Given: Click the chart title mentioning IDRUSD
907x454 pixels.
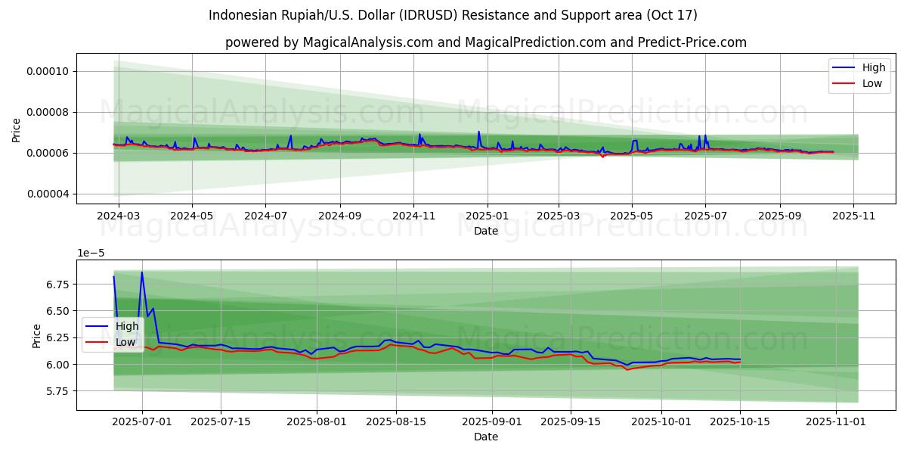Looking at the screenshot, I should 453,15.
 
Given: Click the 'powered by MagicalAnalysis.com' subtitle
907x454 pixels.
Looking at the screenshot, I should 485,42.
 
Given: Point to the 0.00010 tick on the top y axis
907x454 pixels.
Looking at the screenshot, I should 47,72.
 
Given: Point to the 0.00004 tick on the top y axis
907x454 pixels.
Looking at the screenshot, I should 47,194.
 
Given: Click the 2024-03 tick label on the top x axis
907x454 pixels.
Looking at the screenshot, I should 118,215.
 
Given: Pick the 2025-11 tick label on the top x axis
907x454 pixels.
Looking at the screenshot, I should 853,215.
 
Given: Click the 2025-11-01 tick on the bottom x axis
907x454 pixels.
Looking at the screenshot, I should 836,421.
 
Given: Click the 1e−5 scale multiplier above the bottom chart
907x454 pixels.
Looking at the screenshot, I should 92,253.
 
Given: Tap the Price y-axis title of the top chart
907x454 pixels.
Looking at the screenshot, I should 17,130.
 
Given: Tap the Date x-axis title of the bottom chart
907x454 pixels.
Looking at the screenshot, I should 485,437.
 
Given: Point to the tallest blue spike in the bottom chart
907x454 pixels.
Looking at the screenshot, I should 141,272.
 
